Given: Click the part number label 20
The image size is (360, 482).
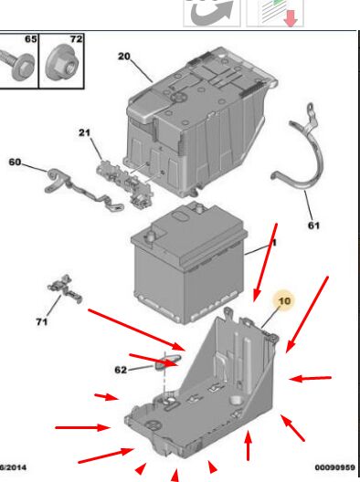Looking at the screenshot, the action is click(x=124, y=57).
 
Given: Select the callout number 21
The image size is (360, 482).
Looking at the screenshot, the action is click(x=84, y=132).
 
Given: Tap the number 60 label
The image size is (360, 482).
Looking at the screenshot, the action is click(x=15, y=162).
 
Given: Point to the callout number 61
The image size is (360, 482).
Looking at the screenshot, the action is click(x=313, y=225).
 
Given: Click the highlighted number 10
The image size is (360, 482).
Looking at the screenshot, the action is click(x=284, y=300).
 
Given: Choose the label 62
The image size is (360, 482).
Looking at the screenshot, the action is click(x=121, y=370).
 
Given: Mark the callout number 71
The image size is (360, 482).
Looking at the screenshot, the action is click(x=42, y=321).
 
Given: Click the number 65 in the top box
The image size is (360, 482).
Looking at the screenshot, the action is click(x=30, y=39).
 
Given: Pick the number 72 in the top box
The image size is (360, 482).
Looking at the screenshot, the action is click(x=77, y=39).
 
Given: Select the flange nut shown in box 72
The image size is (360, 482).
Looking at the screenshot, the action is click(x=63, y=64).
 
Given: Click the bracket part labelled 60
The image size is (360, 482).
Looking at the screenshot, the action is click(x=83, y=190).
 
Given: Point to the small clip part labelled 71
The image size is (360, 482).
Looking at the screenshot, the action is click(x=65, y=289).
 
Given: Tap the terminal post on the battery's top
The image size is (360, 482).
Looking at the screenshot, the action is click(x=151, y=237).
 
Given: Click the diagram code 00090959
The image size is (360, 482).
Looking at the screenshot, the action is click(x=335, y=467).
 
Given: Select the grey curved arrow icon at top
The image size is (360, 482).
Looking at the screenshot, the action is click(x=212, y=13).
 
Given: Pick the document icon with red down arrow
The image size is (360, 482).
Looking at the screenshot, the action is click(x=275, y=13).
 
